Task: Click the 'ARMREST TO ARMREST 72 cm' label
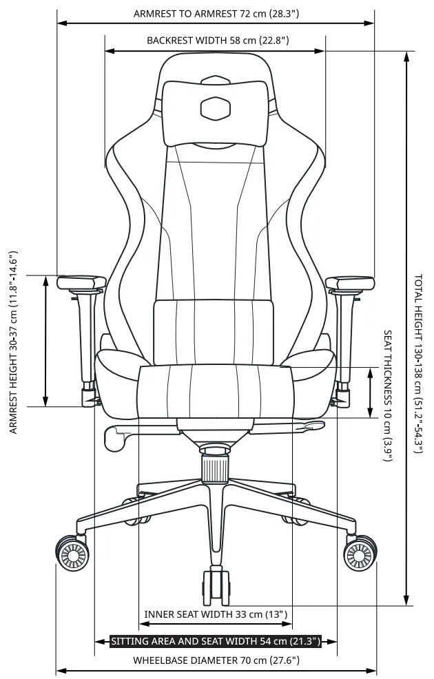tap(216, 14)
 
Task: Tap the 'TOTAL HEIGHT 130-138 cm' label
tap(418, 364)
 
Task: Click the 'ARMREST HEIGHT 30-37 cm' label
tap(13, 342)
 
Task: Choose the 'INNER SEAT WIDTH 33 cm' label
tap(216, 614)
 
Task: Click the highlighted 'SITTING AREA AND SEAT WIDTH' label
tap(216, 642)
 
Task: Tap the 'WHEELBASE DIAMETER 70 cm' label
tap(216, 660)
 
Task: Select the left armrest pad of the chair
tap(81, 282)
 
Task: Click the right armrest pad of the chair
tap(350, 282)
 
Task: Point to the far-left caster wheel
tap(72, 553)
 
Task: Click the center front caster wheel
tap(215, 587)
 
